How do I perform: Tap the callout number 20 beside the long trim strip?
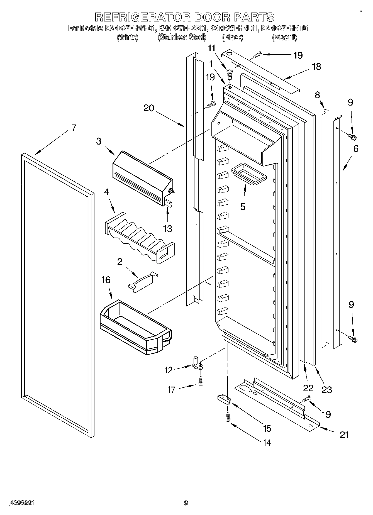[x=149, y=108]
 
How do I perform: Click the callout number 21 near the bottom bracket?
[x=344, y=435]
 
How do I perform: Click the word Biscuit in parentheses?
[x=284, y=37]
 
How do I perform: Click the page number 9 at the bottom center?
[x=186, y=503]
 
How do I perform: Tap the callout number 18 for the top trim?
[x=316, y=67]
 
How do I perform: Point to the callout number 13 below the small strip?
[x=167, y=229]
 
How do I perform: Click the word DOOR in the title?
[x=213, y=17]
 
